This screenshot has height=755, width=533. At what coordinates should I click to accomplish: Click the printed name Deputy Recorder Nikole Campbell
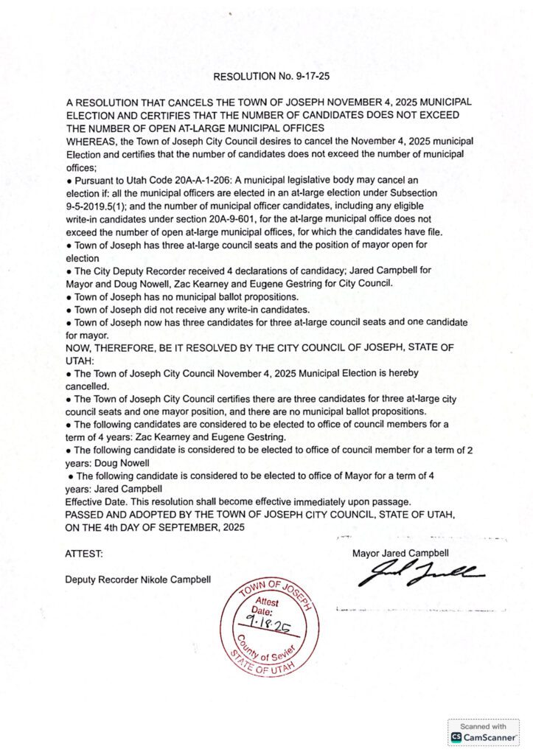click(x=138, y=579)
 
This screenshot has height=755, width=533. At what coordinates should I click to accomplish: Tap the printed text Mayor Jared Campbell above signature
click(x=400, y=552)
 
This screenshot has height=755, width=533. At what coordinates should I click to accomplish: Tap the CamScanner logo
click(x=483, y=736)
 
